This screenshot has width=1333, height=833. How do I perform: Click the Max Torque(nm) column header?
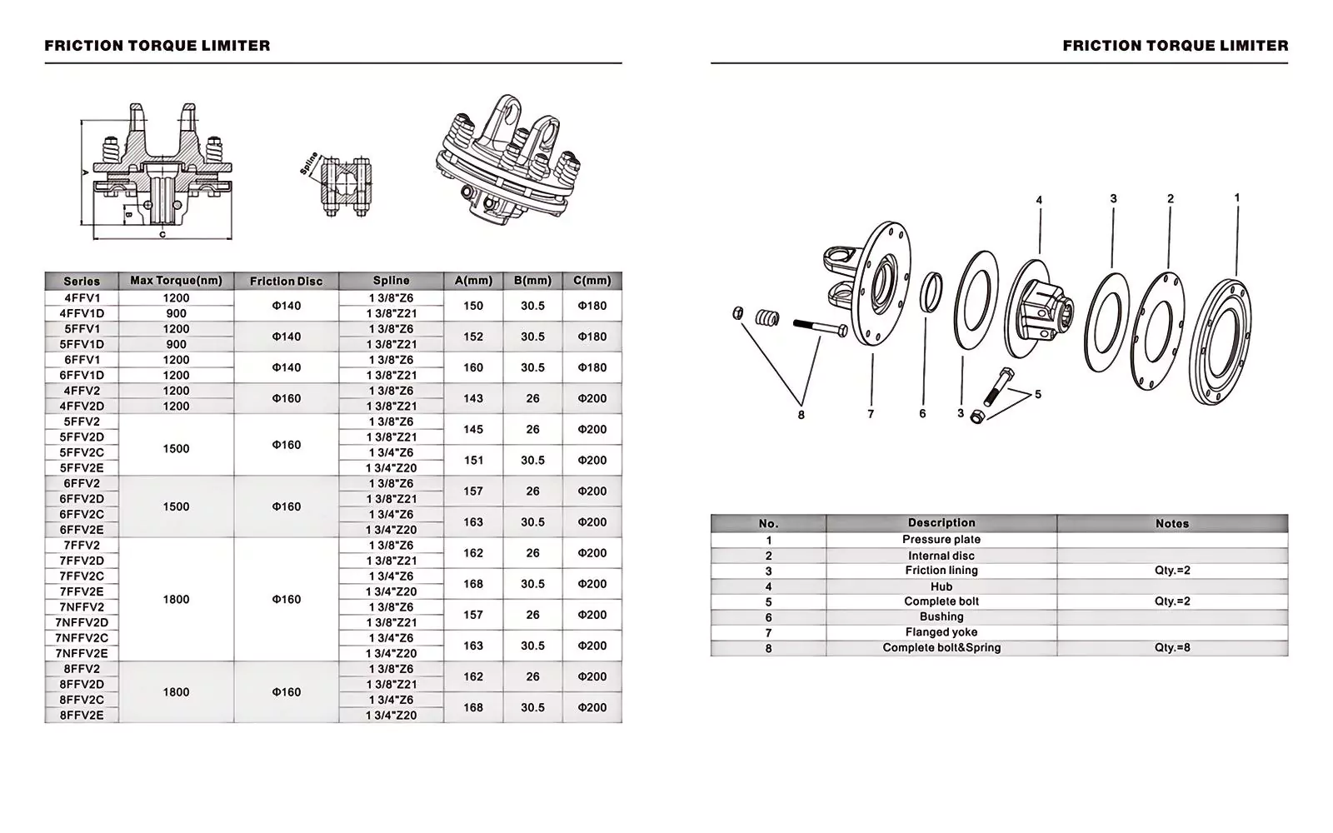[176, 281]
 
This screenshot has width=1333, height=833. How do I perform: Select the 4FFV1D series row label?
[82, 313]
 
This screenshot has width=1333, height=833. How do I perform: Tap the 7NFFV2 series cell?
[82, 607]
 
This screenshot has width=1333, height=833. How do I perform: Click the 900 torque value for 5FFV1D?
[176, 344]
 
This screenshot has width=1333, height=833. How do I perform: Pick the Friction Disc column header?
[286, 281]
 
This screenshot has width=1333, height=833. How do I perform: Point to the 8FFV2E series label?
[82, 716]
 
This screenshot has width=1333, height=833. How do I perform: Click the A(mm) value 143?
[472, 398]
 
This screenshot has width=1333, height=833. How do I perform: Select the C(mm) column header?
[592, 281]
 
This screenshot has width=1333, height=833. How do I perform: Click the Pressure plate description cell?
[941, 540]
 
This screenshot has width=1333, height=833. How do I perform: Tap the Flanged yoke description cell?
[941, 632]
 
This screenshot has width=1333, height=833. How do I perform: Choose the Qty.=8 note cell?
[1171, 648]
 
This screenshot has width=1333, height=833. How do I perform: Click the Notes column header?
[1171, 523]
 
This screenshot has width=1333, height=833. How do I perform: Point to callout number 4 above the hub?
[1039, 201]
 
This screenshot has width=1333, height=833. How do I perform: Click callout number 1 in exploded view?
[1237, 198]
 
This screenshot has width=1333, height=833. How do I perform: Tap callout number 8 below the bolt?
[801, 415]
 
